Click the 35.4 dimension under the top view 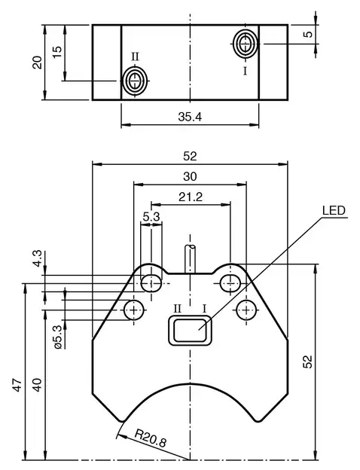coord(190,117)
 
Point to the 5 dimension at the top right coord(308,35)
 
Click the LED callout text coord(334,211)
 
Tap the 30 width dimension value coord(190,176)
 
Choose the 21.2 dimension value coord(190,197)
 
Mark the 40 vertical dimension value coord(37,385)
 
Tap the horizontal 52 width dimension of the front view coord(190,156)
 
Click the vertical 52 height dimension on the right coord(308,362)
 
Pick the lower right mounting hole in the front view coord(246,310)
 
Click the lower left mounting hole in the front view coord(135,310)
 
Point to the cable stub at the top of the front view coord(191,257)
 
